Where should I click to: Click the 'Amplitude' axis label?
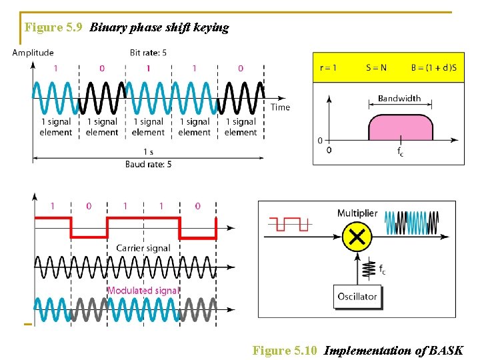click(33, 53)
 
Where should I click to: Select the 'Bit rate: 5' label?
click(148, 53)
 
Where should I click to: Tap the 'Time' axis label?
click(280, 107)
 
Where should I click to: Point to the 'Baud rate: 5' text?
click(148, 164)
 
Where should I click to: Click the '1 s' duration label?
click(148, 151)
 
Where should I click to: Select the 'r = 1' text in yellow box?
click(328, 67)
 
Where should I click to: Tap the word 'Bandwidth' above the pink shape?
click(399, 99)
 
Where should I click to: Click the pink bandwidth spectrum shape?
click(399, 127)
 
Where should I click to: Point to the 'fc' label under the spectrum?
click(400, 152)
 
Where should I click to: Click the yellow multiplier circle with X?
click(357, 236)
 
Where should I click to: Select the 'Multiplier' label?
click(357, 213)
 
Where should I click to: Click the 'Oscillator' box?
click(357, 297)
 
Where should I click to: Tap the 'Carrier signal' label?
click(143, 248)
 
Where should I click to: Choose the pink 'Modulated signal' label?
click(143, 291)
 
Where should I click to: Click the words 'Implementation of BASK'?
click(393, 351)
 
